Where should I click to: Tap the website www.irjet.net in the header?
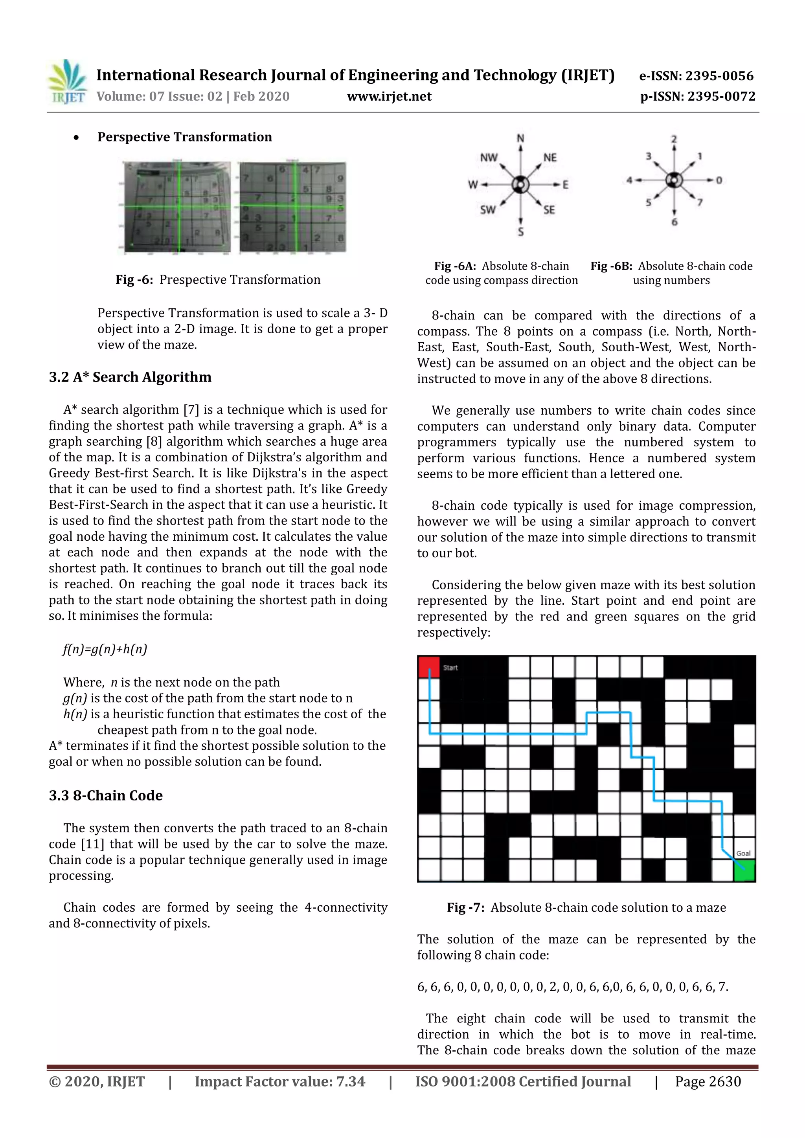389,96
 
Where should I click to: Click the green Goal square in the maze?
744,871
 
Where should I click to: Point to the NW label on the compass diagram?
489,158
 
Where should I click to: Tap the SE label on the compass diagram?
549,210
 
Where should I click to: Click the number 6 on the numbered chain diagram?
674,222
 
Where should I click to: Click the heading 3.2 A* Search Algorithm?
130,377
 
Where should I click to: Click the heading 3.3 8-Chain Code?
106,795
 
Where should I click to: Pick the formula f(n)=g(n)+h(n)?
105,649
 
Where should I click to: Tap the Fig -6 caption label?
134,279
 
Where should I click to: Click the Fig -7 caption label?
465,907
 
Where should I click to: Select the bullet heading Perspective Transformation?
184,137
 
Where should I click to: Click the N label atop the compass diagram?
520,138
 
